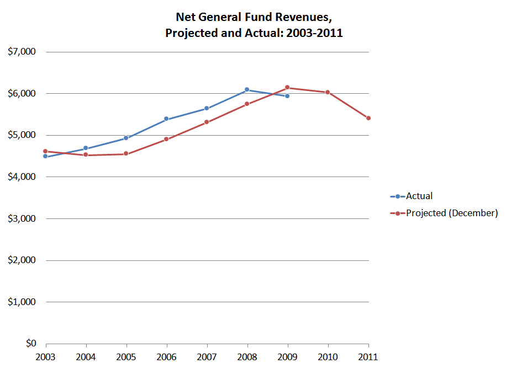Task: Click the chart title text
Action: coord(254,25)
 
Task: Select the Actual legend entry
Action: coord(419,196)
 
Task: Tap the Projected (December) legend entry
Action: coord(451,213)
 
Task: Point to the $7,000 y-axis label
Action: coord(22,52)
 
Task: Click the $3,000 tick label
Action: coord(22,218)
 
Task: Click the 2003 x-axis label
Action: coord(46,357)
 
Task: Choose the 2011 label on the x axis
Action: coord(368,357)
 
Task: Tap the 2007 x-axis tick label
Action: coord(207,357)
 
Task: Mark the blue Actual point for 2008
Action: coord(247,89)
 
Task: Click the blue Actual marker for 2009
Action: coord(287,96)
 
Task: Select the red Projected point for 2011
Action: coord(368,118)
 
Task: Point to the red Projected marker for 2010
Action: coord(328,92)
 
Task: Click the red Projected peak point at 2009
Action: coord(287,88)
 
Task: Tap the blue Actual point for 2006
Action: coord(166,119)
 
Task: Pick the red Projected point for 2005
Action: coord(126,154)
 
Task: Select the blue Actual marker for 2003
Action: coord(46,157)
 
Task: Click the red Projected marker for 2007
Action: coord(207,122)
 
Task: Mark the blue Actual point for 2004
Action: coord(86,148)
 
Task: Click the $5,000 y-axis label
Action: coord(22,135)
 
